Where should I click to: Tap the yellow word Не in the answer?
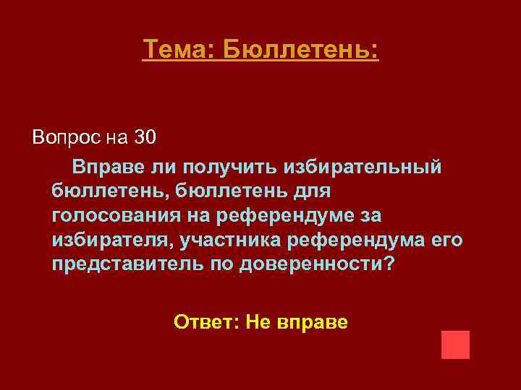tap(258, 321)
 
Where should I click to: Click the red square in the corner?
tap(455, 344)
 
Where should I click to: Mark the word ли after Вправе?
tap(163, 167)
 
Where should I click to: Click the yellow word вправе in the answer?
tap(312, 321)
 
